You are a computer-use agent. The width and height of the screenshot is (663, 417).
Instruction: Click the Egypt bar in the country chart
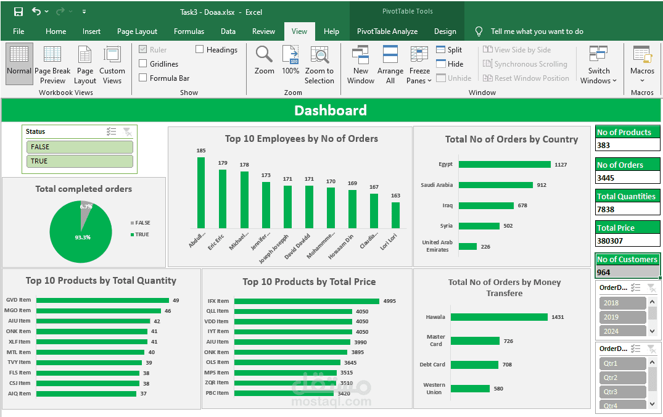point(504,164)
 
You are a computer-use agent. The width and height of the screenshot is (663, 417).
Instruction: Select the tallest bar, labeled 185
point(201,192)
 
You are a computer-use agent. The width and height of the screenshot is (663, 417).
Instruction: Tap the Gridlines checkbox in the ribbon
point(143,64)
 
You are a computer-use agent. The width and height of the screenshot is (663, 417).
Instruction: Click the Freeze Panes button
point(419,65)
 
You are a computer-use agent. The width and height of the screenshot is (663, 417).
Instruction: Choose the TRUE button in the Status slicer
point(80,161)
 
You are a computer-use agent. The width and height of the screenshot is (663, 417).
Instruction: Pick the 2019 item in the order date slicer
point(622,317)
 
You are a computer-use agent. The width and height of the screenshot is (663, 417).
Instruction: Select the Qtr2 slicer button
point(622,378)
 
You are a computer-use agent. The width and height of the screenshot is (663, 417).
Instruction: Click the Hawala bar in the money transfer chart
point(498,317)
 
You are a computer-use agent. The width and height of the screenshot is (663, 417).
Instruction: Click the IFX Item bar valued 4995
point(306,301)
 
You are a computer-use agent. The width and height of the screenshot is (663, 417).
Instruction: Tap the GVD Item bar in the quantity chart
point(102,300)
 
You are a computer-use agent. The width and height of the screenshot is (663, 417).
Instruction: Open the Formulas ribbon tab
point(189,31)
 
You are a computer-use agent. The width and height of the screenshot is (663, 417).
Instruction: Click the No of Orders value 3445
point(627,178)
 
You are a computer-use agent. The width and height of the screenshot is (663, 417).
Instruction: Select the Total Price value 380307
point(627,241)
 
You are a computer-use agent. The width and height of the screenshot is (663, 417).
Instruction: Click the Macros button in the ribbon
point(642,64)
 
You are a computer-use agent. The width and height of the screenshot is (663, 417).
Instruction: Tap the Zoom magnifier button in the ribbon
point(264,60)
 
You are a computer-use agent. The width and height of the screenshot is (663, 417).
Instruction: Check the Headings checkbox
point(200,49)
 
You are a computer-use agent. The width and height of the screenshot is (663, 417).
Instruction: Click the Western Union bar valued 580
point(470,389)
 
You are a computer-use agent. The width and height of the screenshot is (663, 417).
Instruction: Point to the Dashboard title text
point(331,110)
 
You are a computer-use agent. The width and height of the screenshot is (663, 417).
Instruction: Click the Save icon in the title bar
point(18,12)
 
